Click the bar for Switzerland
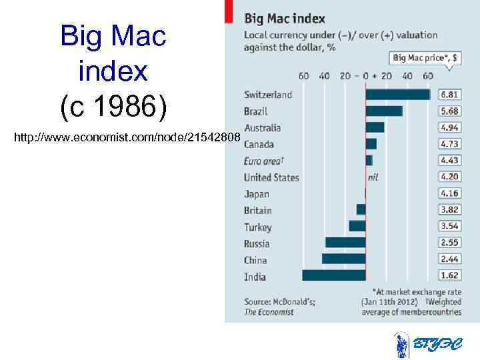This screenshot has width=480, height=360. click(x=398, y=95)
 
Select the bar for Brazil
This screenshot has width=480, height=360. click(x=384, y=111)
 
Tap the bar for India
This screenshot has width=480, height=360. click(x=334, y=275)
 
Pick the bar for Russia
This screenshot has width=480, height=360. click(x=345, y=243)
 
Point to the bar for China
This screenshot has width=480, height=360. click(x=344, y=259)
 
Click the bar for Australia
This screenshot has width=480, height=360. click(x=375, y=127)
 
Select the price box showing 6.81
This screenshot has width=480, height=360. click(x=449, y=95)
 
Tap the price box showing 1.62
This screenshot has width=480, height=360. click(x=449, y=275)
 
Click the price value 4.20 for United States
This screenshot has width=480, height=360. click(x=449, y=177)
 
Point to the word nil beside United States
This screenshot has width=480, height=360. click(x=373, y=177)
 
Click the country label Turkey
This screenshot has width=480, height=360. click(x=258, y=227)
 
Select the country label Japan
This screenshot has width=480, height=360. click(x=257, y=194)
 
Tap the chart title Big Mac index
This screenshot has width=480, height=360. click(x=285, y=18)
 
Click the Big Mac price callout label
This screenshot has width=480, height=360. click(x=425, y=58)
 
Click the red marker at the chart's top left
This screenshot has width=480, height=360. click(x=229, y=9)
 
